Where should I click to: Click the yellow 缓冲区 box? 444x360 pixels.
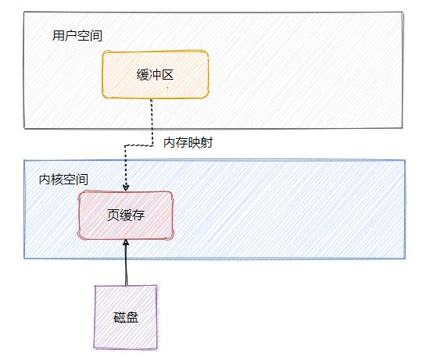coord(156,74)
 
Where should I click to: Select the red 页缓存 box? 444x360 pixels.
coord(125,214)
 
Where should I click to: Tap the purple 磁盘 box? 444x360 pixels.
coord(126,317)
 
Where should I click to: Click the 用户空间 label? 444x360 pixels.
coord(77,36)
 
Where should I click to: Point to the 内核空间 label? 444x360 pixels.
coord(63,180)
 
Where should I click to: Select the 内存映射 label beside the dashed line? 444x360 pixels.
coord(188,143)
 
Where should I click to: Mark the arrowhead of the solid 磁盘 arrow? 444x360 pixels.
coord(125,243)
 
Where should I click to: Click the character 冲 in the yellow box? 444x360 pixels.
coord(156,74)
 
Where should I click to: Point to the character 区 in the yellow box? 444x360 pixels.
coord(168,74)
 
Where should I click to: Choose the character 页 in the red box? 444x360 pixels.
coord(113,214)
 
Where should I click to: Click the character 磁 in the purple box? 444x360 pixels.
coord(120,318)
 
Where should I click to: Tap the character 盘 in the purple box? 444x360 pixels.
coord(132,318)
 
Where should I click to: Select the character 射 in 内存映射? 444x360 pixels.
coord(206,143)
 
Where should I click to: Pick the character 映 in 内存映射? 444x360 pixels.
coord(194,143)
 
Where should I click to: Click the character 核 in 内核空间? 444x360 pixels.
coord(57,180)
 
